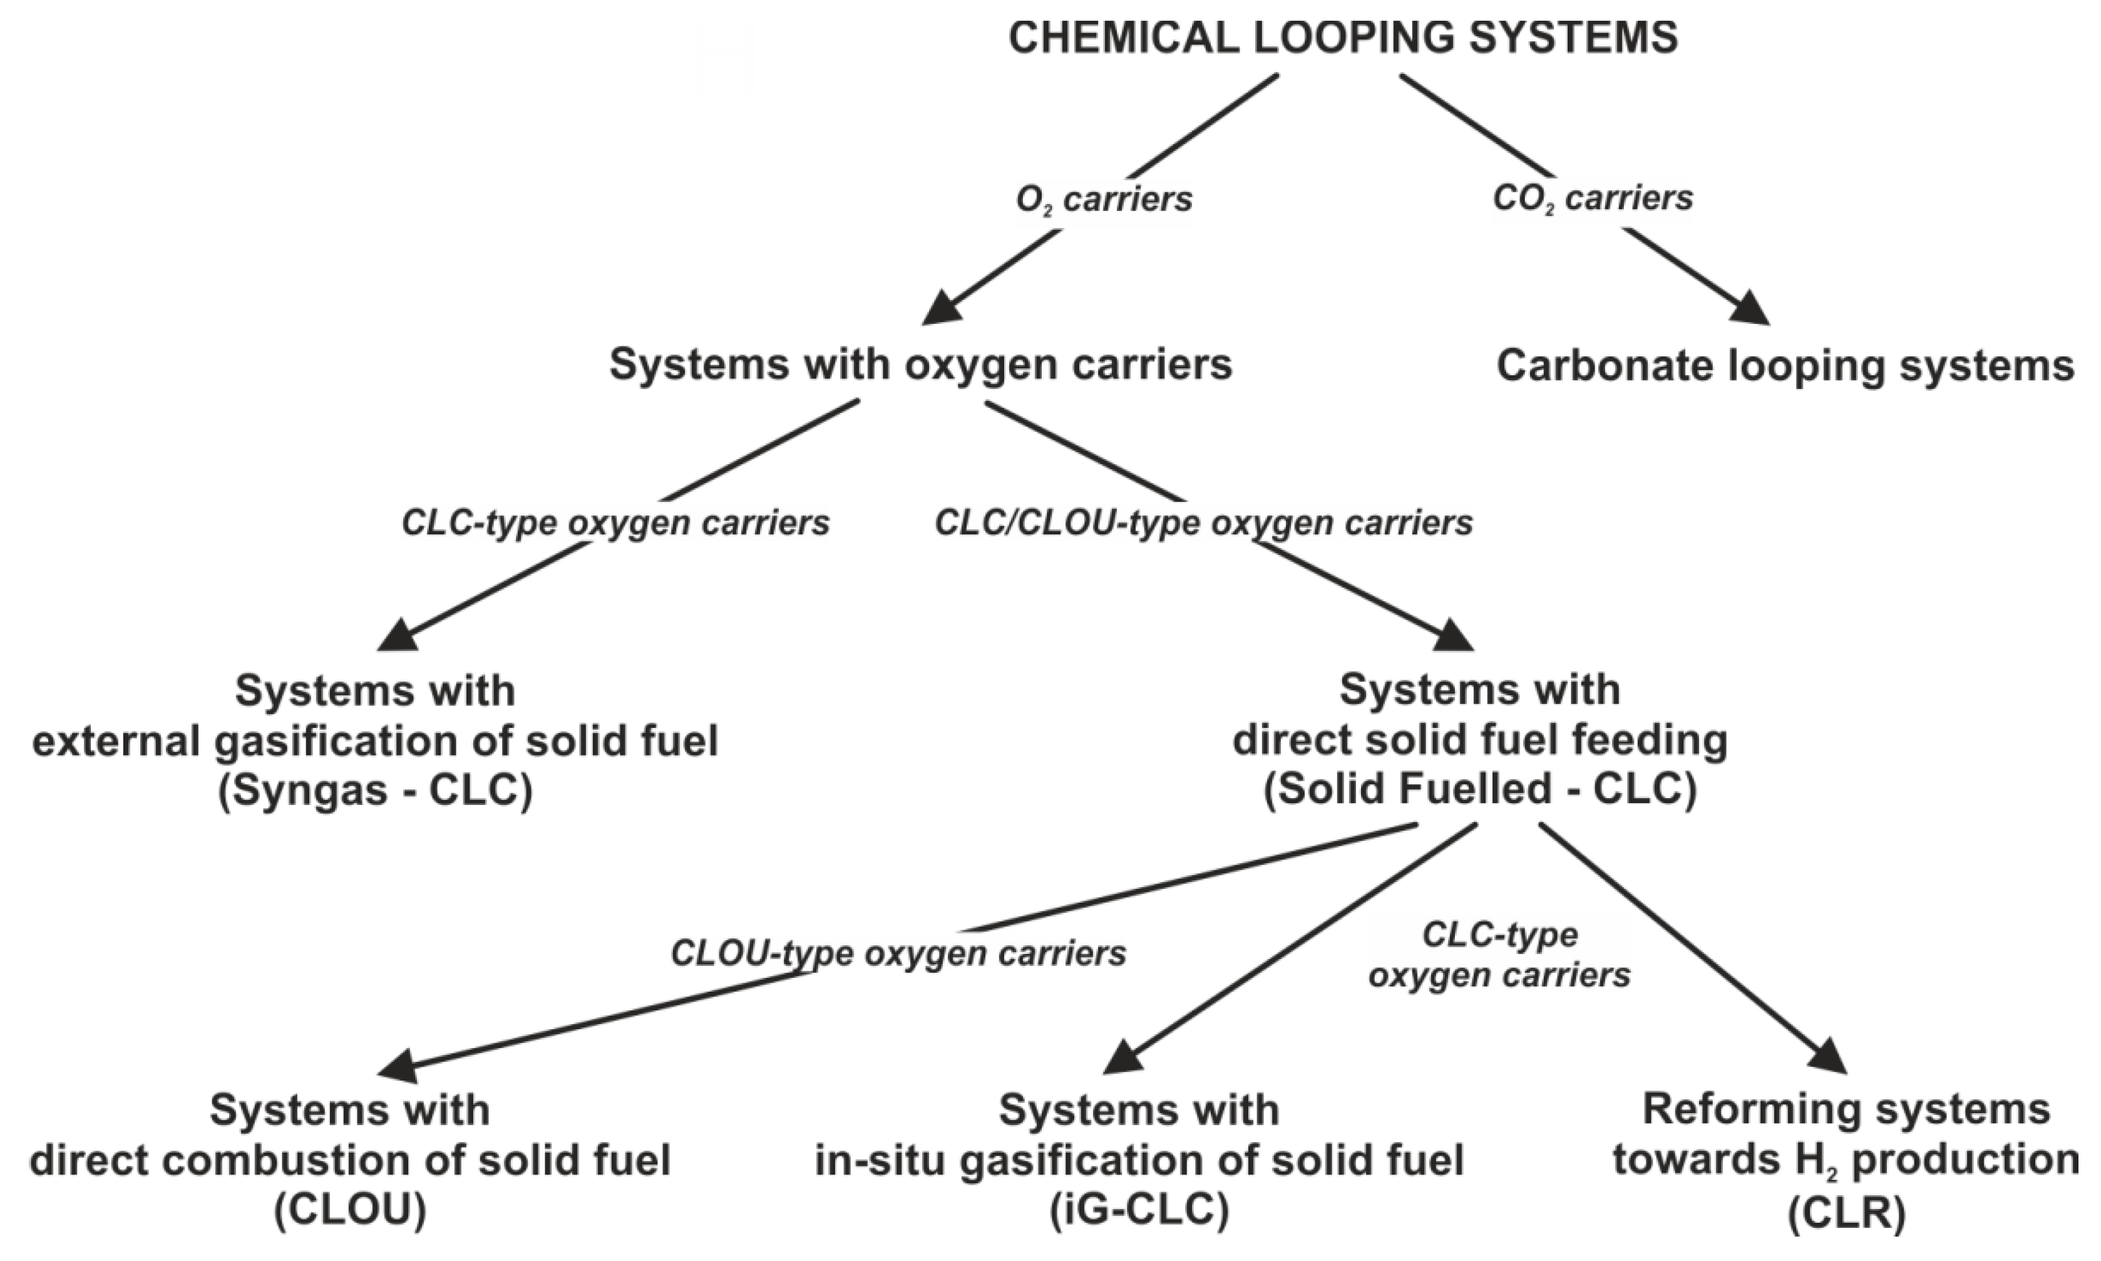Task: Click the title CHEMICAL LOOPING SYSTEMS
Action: click(1343, 38)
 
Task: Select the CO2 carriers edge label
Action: click(1592, 198)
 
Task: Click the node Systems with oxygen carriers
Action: click(920, 365)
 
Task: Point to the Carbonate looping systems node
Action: click(1785, 366)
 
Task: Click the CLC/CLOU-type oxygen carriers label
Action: click(1203, 522)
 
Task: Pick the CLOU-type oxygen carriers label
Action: click(898, 953)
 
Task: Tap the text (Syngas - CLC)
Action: click(376, 791)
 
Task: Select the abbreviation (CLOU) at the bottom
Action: click(350, 1210)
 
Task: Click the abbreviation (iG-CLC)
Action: click(1139, 1210)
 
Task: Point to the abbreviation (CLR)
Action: click(1846, 1213)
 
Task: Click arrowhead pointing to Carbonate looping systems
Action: click(1751, 309)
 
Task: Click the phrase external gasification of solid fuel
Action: click(376, 741)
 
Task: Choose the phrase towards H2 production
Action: click(1846, 1160)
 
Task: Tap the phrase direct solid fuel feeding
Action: click(1480, 739)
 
